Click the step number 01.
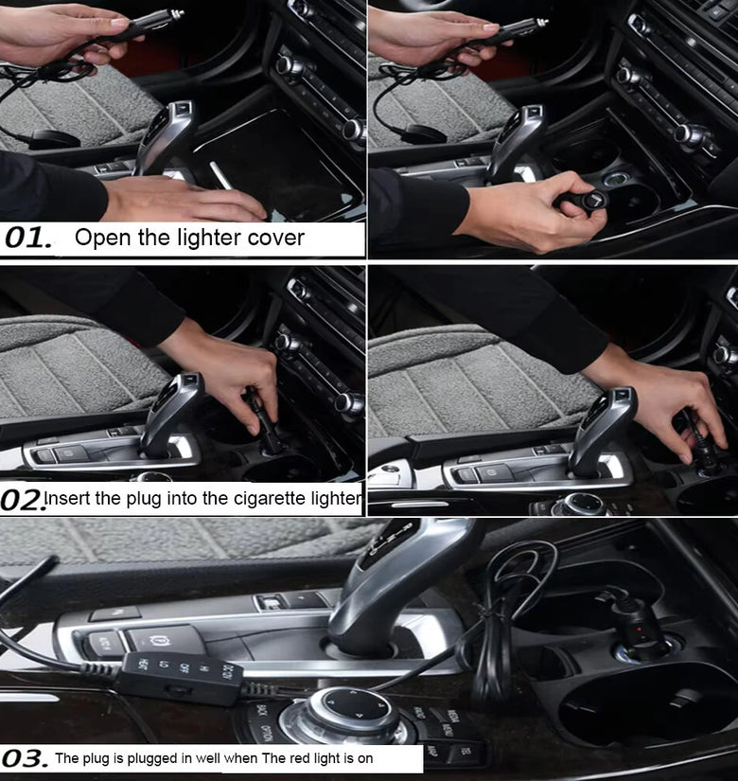tap(28, 238)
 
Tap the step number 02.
tap(22, 500)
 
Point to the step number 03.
tap(25, 758)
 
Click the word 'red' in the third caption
tap(300, 758)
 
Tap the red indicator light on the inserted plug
tap(639, 630)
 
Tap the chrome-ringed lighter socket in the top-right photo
tap(617, 179)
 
